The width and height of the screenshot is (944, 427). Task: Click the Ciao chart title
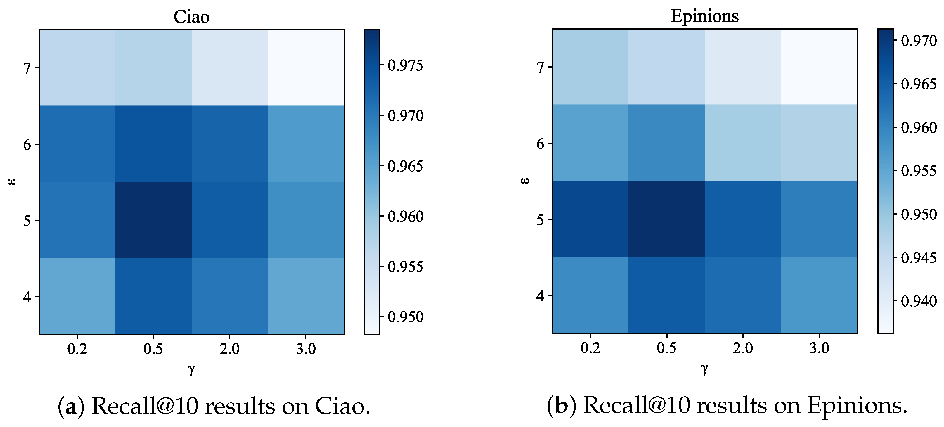point(191,17)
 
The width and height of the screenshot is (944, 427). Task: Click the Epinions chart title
point(704,16)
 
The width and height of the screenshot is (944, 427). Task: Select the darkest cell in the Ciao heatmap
point(153,220)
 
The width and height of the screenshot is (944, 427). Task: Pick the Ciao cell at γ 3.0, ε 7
point(306,68)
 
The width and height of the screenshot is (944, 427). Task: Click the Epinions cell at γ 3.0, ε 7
point(819,67)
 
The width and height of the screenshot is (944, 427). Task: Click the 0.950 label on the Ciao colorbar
point(405,317)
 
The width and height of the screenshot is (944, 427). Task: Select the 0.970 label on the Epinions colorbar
point(918,41)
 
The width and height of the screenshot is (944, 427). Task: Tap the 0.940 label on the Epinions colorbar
point(918,301)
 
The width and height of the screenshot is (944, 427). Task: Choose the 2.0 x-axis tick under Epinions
point(743,348)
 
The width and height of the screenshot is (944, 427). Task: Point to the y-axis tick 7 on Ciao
point(27,68)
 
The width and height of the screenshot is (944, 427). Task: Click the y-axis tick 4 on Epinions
point(541,295)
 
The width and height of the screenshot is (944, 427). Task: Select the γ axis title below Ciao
point(191,369)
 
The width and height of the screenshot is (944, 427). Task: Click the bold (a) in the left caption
point(71,407)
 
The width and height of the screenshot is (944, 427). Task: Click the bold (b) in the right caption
point(562,406)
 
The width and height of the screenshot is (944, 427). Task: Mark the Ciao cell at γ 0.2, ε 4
point(77,296)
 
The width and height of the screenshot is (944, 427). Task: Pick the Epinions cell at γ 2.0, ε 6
point(743,143)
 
